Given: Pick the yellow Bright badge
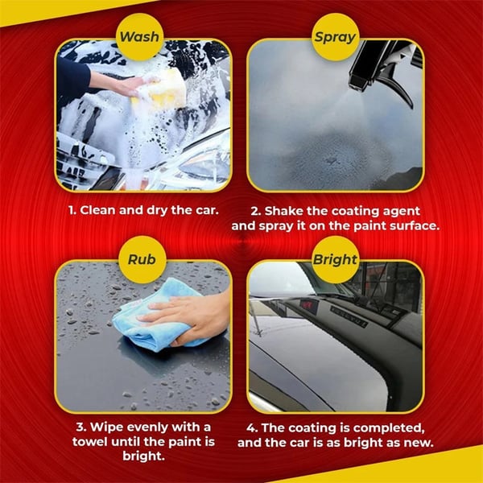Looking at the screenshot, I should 334,258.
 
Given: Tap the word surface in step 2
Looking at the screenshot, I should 411,226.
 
